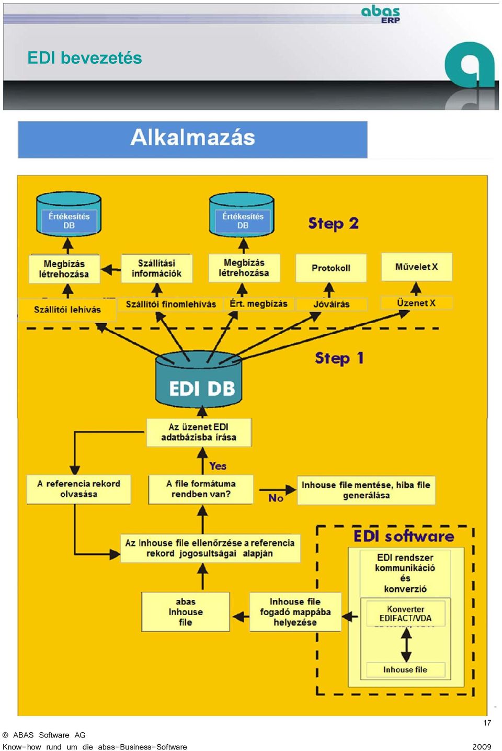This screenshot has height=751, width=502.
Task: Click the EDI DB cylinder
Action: click(x=199, y=379)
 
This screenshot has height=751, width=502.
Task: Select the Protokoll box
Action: click(x=331, y=268)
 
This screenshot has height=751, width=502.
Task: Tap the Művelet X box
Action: click(x=416, y=267)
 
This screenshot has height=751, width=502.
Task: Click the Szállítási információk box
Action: click(x=156, y=268)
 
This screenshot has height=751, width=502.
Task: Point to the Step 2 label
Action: click(x=333, y=223)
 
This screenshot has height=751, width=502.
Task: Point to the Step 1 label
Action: click(x=339, y=358)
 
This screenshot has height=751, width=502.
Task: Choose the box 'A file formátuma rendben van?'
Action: click(x=201, y=489)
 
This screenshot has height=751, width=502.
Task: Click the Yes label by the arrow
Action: click(x=218, y=466)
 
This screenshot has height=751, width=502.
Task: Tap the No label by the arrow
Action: click(x=276, y=498)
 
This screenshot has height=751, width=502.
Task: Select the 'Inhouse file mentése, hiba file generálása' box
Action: click(x=366, y=490)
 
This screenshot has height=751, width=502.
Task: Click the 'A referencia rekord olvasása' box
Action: click(x=78, y=489)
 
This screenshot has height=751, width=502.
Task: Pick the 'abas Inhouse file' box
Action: click(x=186, y=612)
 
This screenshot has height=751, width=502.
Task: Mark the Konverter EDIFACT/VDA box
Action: click(x=406, y=613)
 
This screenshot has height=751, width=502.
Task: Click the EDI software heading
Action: click(x=404, y=537)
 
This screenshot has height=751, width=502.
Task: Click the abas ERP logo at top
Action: click(x=381, y=15)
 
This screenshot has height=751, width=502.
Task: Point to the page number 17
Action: click(x=487, y=723)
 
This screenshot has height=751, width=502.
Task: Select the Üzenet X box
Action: click(x=416, y=303)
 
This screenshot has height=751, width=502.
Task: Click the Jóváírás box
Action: click(x=332, y=304)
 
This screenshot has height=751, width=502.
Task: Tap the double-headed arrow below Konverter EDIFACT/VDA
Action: click(x=406, y=644)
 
